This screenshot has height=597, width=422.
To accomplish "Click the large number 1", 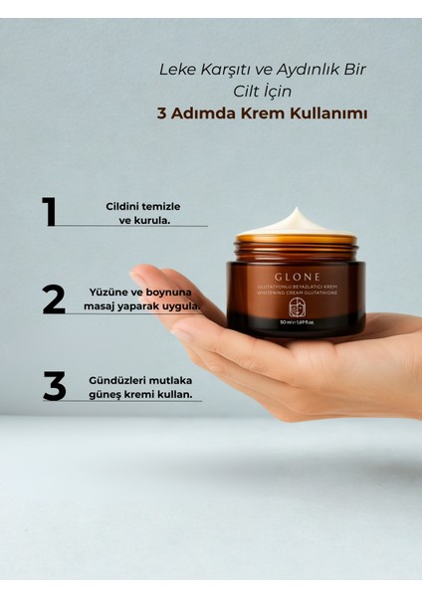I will [49, 213].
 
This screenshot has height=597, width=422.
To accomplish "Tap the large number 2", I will [54, 299].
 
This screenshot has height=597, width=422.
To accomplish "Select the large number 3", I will [54, 386].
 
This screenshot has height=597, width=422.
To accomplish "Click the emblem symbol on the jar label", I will [295, 308].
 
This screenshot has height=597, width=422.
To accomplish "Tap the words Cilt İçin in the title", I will [265, 92].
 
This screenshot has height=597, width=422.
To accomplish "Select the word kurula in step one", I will [151, 220].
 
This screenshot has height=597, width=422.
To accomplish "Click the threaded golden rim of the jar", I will [295, 244].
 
